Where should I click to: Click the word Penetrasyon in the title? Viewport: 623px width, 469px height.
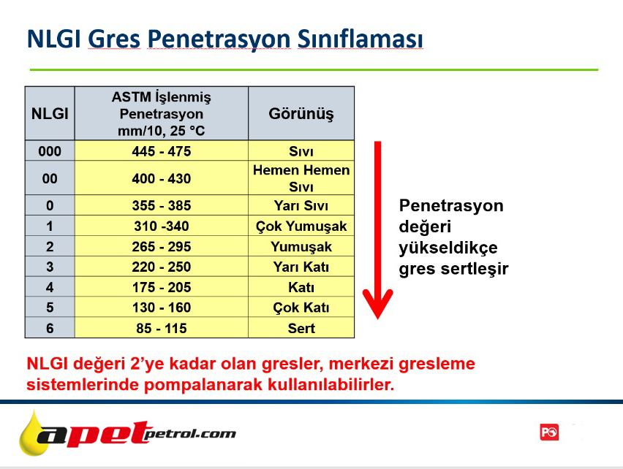click(x=219, y=39)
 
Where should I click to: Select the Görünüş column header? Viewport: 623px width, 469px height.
click(x=301, y=113)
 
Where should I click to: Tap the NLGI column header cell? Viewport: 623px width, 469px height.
click(x=50, y=113)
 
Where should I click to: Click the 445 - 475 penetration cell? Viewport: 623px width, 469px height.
click(x=162, y=150)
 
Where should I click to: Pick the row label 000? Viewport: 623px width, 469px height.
click(x=50, y=151)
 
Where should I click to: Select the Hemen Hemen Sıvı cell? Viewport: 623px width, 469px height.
click(x=301, y=178)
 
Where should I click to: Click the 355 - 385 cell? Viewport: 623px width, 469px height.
click(x=162, y=205)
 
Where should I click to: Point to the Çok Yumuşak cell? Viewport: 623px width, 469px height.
click(x=301, y=226)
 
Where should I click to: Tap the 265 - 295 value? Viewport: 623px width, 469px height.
click(x=162, y=246)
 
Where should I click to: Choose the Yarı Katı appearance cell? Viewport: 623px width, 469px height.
click(x=301, y=267)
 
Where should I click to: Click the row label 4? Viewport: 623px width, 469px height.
click(x=50, y=287)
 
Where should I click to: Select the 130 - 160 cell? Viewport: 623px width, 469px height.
click(x=162, y=307)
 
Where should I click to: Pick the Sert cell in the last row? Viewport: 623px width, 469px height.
click(x=301, y=328)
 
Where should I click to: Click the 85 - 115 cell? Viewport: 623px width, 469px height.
click(x=162, y=328)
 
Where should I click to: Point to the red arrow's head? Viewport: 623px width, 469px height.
click(x=377, y=305)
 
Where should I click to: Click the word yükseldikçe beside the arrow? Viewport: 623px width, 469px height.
click(x=448, y=248)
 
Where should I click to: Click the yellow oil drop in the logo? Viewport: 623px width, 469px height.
click(x=34, y=435)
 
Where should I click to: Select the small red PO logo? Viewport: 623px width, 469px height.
click(x=549, y=432)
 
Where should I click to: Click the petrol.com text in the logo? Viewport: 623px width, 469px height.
click(x=190, y=434)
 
